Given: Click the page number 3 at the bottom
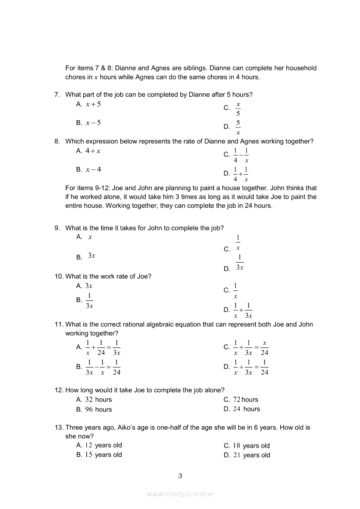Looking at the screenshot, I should pyautogui.click(x=180, y=476).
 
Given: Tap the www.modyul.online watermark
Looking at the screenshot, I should pyautogui.click(x=180, y=494).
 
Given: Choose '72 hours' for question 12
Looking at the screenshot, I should pyautogui.click(x=245, y=400).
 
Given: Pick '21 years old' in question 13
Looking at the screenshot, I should pyautogui.click(x=251, y=455).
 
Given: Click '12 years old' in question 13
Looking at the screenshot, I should pyautogui.click(x=103, y=445).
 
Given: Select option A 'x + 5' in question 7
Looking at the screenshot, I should pyautogui.click(x=93, y=104).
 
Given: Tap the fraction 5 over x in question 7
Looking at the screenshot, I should pyautogui.click(x=238, y=127).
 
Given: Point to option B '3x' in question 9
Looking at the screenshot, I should pyautogui.click(x=92, y=256).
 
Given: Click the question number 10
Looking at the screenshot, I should pyautogui.click(x=59, y=276).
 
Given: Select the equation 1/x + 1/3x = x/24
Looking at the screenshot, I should pyautogui.click(x=251, y=347).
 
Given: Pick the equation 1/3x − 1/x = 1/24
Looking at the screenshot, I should pyautogui.click(x=103, y=367).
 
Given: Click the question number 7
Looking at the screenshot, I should pyautogui.click(x=57, y=95).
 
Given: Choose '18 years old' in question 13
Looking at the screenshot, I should pyautogui.click(x=251, y=446).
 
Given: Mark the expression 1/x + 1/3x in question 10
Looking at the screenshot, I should pyautogui.click(x=243, y=310).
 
